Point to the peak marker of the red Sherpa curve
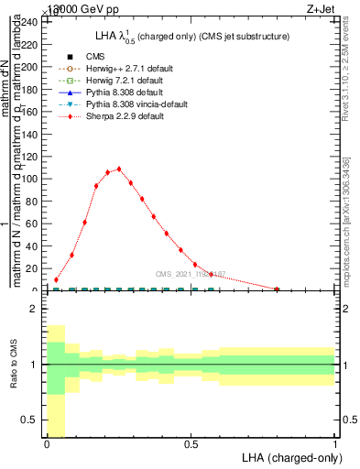tap(119, 169)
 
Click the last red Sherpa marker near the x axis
tap(277, 289)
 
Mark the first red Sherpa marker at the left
tap(57, 279)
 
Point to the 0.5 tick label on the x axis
tap(191, 444)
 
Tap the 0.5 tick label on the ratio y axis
tap(29, 420)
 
